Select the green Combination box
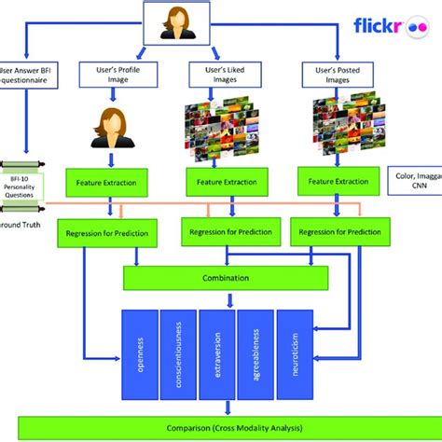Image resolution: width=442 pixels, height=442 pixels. click(x=226, y=277)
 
